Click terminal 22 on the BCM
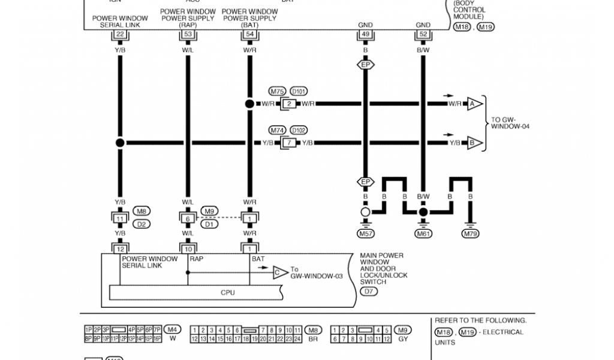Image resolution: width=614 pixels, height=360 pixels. [120, 35]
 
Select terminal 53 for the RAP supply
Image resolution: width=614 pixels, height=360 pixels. [188, 35]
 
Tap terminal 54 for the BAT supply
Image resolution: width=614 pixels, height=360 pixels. [249, 35]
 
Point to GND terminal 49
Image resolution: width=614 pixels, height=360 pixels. [365, 35]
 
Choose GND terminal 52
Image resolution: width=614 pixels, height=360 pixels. [423, 35]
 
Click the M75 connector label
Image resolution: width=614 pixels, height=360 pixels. [277, 92]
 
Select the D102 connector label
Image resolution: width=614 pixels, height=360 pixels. [299, 130]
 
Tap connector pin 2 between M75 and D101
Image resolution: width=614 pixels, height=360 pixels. [288, 104]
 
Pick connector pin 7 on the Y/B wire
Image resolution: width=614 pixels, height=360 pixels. [288, 143]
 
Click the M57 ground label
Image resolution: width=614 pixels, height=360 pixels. [365, 233]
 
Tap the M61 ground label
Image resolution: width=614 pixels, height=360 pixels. [423, 233]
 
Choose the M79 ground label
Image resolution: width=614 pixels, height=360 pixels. [470, 233]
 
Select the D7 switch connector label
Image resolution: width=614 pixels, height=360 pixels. [368, 292]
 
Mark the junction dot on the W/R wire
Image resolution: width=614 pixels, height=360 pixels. [249, 104]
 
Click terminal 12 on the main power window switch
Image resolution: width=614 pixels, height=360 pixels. [120, 248]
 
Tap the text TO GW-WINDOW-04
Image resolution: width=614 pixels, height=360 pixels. [510, 123]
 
